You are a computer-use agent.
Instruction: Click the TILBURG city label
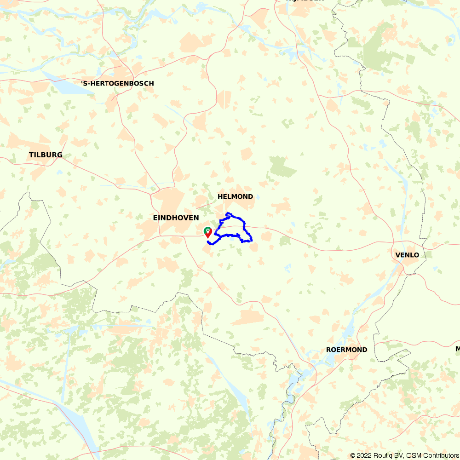tap(46, 155)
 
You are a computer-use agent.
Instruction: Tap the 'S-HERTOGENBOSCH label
tap(117, 83)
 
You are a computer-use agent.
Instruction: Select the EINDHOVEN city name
tap(176, 218)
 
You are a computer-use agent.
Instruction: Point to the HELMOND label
tap(235, 196)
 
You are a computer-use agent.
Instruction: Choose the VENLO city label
tap(407, 255)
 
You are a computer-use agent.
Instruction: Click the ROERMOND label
tap(346, 350)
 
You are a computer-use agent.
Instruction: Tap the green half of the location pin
tap(207, 230)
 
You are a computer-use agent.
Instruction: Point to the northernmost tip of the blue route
tap(228, 213)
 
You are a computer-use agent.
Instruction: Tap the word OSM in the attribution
tap(413, 455)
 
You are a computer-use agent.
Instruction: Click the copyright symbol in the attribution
tap(353, 455)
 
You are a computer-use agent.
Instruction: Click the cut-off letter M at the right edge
tap(458, 349)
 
